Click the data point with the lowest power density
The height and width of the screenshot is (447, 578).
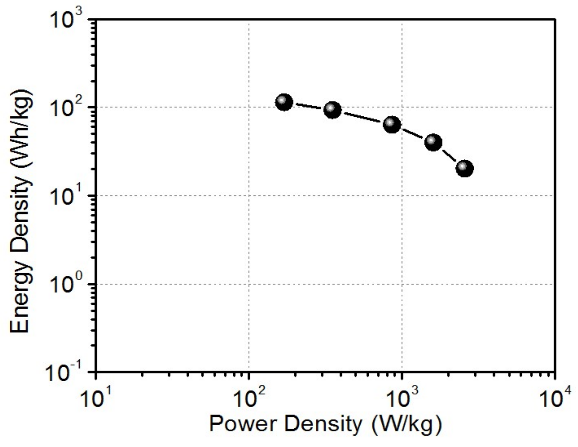(284, 102)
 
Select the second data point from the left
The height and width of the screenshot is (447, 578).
(333, 110)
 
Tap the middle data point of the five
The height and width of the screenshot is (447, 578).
(392, 125)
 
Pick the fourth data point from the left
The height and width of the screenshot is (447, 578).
(433, 142)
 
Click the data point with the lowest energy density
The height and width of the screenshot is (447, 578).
(465, 168)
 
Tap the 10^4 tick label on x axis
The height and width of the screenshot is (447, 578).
(555, 398)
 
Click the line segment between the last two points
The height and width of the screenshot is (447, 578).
(449, 155)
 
